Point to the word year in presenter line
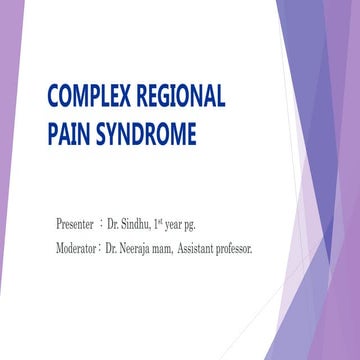(x=192, y=220)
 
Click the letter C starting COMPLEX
(x=55, y=98)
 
